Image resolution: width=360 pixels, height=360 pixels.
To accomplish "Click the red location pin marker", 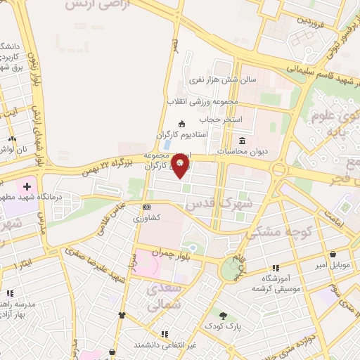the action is [x=181, y=167].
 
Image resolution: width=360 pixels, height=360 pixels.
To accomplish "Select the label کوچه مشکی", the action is [x=275, y=230].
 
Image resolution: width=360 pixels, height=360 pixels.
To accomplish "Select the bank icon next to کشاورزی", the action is [x=146, y=207].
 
